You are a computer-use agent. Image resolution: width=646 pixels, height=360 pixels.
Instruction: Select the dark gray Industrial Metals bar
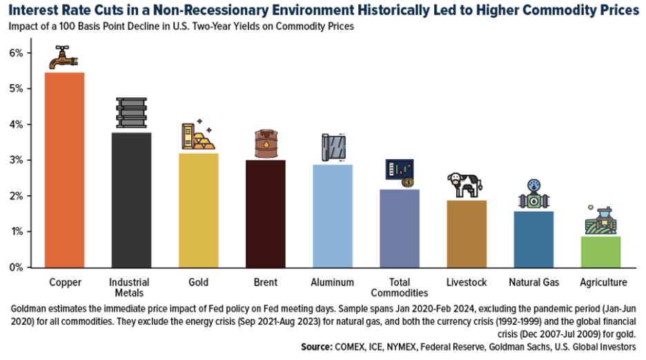[x=131, y=200]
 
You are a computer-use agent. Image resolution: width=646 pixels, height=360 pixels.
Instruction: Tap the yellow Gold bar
[x=198, y=210]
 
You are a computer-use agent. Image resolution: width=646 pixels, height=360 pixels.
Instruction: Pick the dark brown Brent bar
[x=265, y=213]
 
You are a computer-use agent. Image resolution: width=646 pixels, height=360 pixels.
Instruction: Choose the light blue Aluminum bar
[x=333, y=215]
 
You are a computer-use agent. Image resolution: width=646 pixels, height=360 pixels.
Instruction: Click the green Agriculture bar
[x=602, y=251]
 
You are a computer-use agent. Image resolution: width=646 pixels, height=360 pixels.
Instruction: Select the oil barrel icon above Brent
[x=266, y=144]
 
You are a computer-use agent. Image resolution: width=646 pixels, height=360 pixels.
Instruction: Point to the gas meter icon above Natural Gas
[x=534, y=195]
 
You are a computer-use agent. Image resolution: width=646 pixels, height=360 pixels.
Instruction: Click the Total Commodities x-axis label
[x=400, y=288]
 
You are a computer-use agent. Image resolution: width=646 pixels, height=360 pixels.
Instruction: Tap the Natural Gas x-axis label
[x=534, y=282]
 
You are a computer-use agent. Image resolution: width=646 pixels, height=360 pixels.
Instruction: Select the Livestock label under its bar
[x=467, y=282]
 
